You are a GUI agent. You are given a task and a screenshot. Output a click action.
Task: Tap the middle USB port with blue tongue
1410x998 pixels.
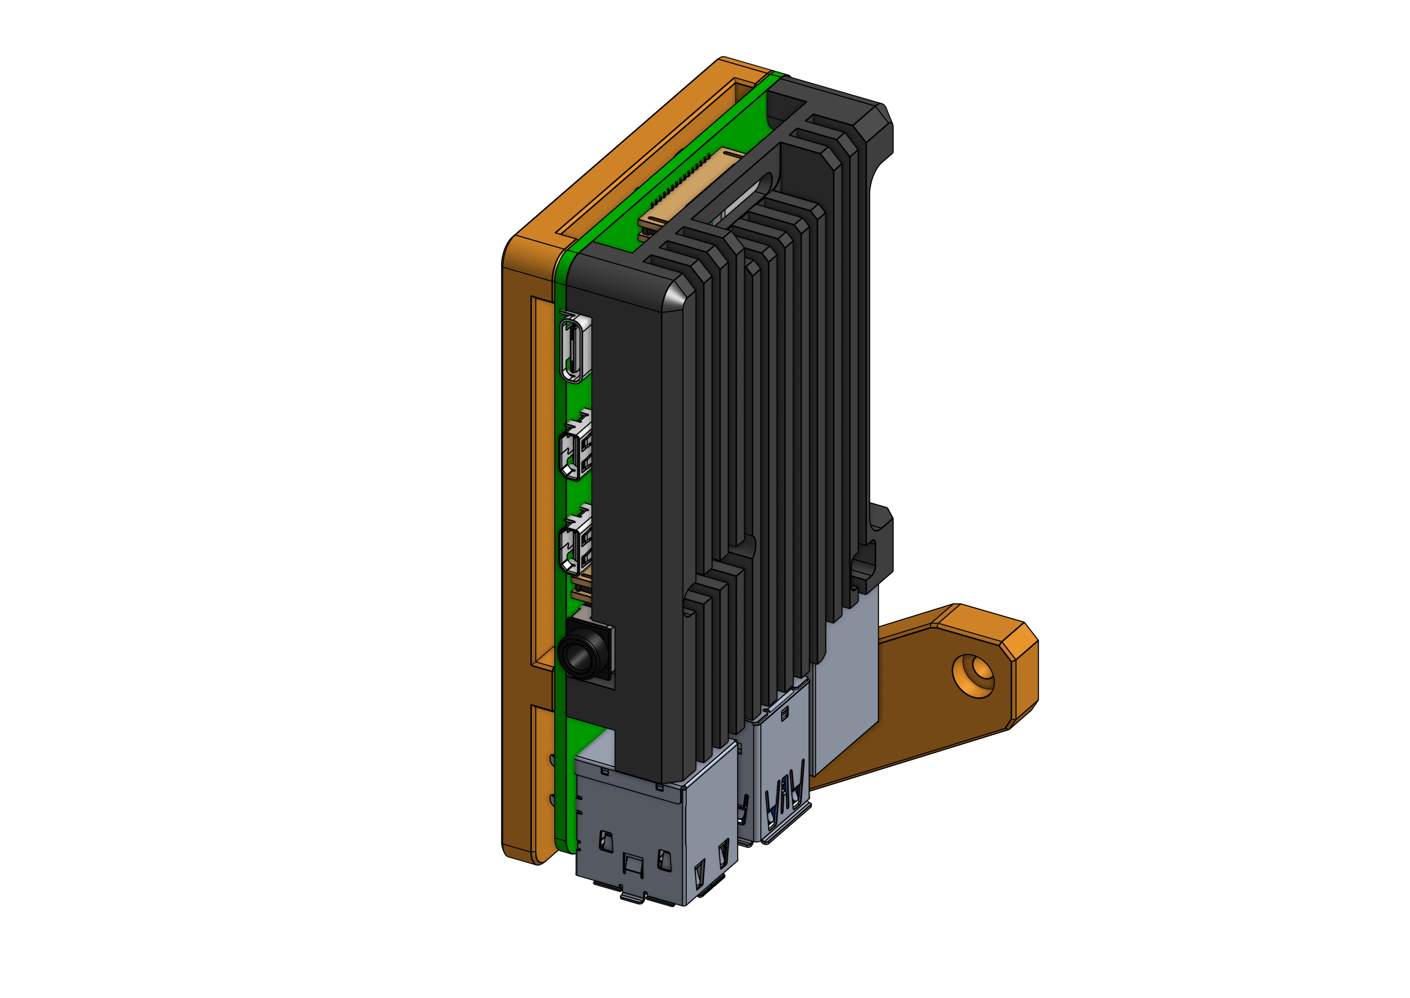(x=783, y=793)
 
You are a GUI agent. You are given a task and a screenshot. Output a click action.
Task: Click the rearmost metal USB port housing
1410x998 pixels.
(x=844, y=694)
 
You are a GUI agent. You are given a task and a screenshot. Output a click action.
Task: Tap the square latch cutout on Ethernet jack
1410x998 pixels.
(x=633, y=863)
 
